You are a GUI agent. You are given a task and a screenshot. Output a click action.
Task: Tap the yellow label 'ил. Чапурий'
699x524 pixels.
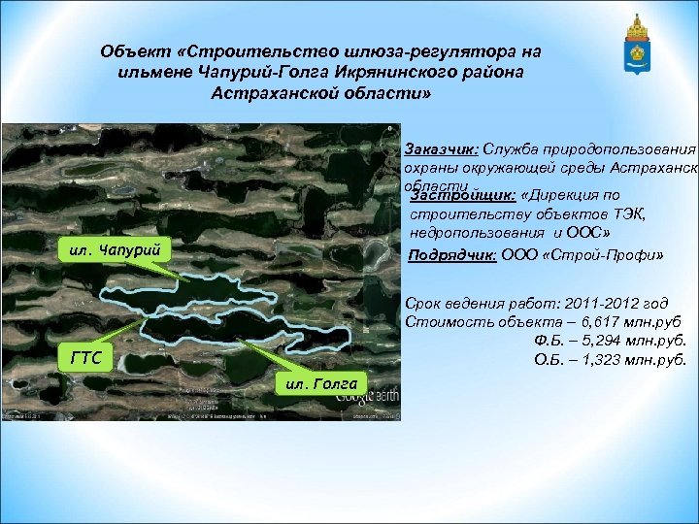click(115, 250)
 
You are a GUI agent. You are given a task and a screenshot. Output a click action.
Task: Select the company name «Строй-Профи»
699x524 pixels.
click(605, 255)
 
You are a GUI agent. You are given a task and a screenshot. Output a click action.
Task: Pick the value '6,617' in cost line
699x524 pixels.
click(574, 323)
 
